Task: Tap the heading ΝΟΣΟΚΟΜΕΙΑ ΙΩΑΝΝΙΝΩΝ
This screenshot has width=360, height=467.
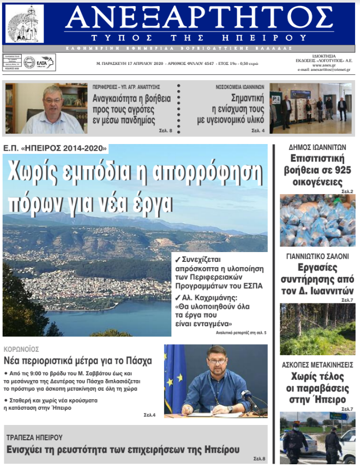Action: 239,86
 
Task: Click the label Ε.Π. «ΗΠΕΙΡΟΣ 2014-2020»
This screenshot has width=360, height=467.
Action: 55,148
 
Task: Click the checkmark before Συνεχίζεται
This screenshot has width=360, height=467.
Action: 177,260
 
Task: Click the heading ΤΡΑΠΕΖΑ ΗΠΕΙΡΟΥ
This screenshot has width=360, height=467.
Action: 34,438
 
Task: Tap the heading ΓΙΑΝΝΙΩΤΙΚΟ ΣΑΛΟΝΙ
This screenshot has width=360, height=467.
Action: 317,256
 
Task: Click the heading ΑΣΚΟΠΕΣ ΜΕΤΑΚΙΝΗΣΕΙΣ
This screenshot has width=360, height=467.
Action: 317,363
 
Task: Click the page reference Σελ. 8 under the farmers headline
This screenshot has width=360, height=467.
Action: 166,131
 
